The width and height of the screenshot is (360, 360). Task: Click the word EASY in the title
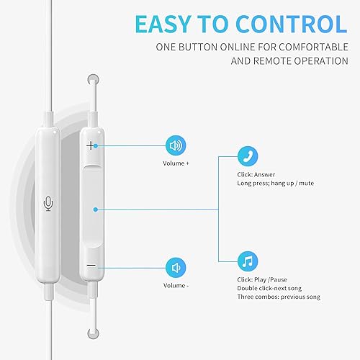170,25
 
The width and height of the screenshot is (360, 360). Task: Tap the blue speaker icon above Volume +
176,145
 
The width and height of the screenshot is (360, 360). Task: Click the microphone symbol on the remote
48,204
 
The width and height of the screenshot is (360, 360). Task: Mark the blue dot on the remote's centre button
96,210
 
